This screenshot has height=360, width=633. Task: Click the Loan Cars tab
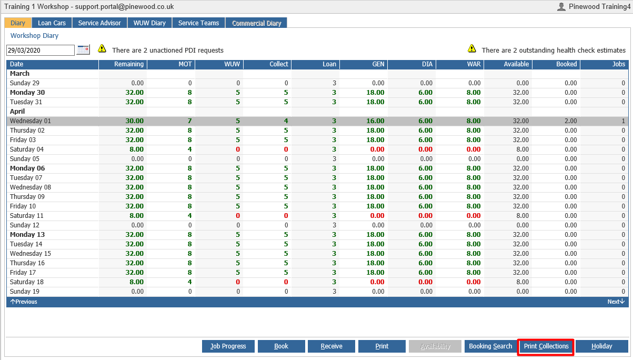click(x=52, y=23)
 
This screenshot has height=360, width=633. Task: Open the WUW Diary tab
click(x=149, y=23)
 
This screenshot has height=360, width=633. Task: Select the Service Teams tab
click(x=198, y=23)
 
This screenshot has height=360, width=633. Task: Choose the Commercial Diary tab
click(x=256, y=23)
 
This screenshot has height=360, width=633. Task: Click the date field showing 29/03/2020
click(x=41, y=51)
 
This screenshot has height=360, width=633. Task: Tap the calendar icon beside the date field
click(x=83, y=49)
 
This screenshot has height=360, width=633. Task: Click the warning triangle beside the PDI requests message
click(x=102, y=48)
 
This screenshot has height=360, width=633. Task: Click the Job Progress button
click(x=228, y=346)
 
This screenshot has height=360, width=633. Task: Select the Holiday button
click(x=601, y=346)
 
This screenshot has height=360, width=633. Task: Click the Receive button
click(x=331, y=346)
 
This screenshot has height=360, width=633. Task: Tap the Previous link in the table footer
click(x=24, y=302)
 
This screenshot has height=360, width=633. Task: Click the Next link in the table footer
click(x=616, y=302)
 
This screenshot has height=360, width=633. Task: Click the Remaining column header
click(x=129, y=64)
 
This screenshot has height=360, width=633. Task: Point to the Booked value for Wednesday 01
click(x=570, y=121)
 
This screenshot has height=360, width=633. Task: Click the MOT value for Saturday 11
click(x=189, y=216)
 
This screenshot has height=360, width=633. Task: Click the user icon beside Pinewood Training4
click(x=561, y=6)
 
